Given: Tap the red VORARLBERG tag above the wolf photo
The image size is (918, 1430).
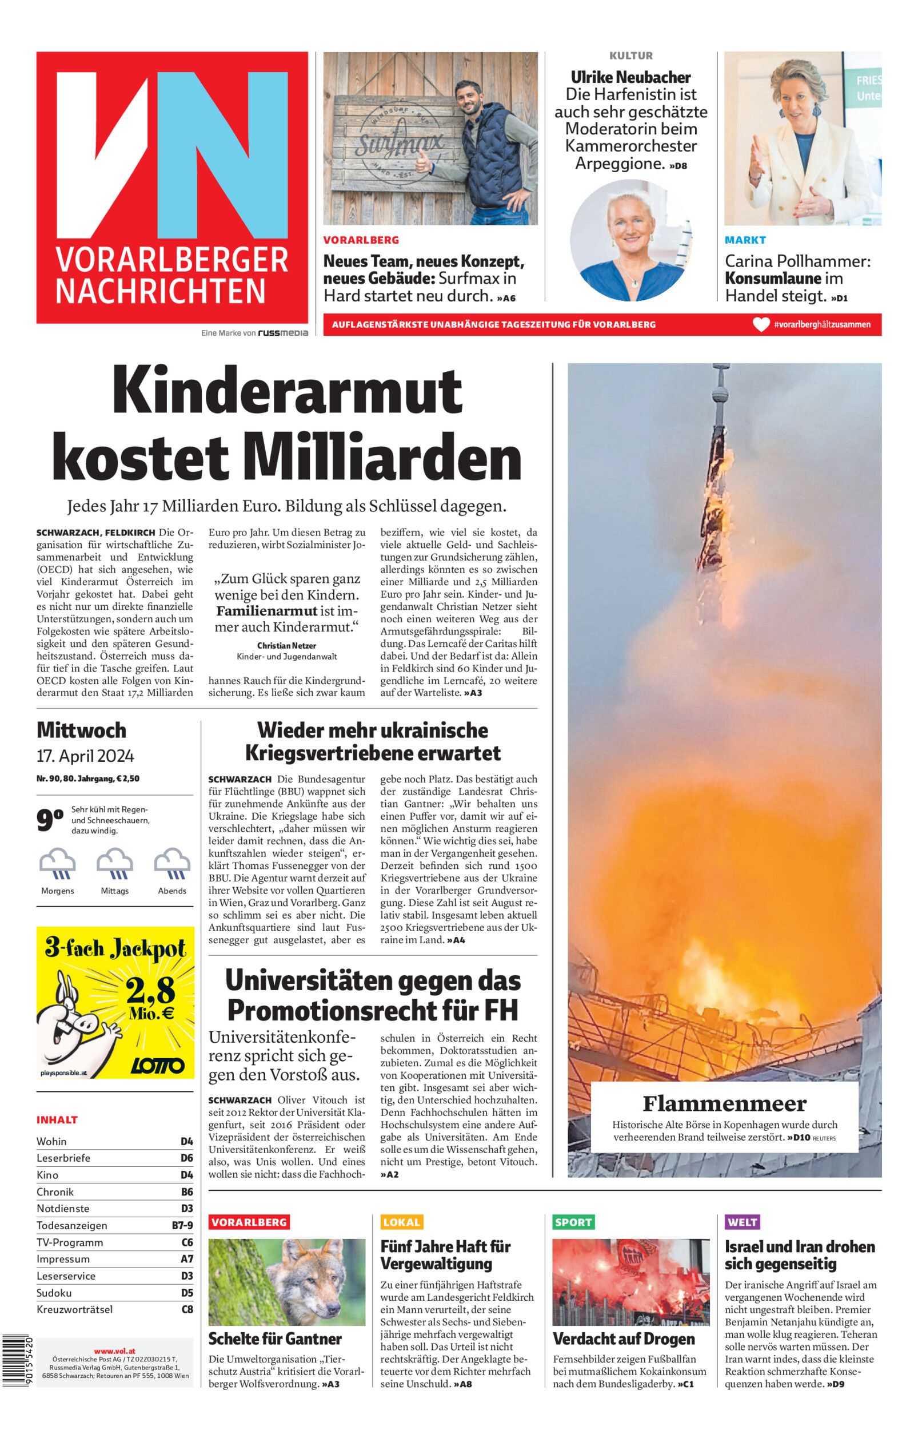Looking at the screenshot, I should coord(249,1222).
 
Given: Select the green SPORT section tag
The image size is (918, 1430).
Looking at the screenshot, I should coord(573,1222).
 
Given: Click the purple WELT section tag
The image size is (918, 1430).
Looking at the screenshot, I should coord(742,1222).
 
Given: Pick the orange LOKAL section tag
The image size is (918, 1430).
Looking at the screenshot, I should coord(402,1222).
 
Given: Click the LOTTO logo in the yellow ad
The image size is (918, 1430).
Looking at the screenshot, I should coord(157,1066).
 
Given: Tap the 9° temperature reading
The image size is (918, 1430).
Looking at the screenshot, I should coord(50,820).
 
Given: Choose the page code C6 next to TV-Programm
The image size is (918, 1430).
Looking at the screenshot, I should coord(187,1242).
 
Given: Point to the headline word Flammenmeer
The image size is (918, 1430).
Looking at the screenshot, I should coord(724,1103).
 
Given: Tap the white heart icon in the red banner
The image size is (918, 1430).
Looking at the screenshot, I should coord(761,324).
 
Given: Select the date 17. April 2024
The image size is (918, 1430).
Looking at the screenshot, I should coord(85,756).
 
